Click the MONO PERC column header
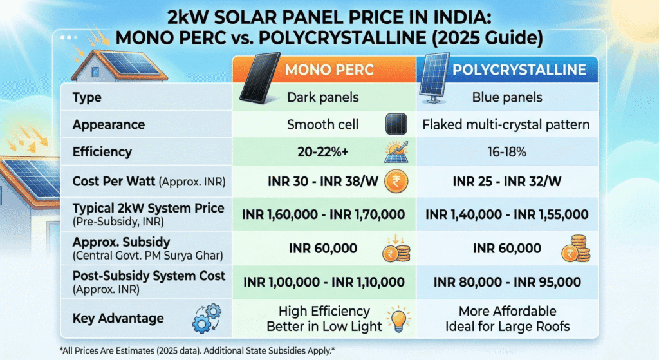pyautogui.click(x=328, y=70)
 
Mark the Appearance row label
pyautogui.click(x=109, y=124)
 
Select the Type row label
pyautogui.click(x=88, y=98)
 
